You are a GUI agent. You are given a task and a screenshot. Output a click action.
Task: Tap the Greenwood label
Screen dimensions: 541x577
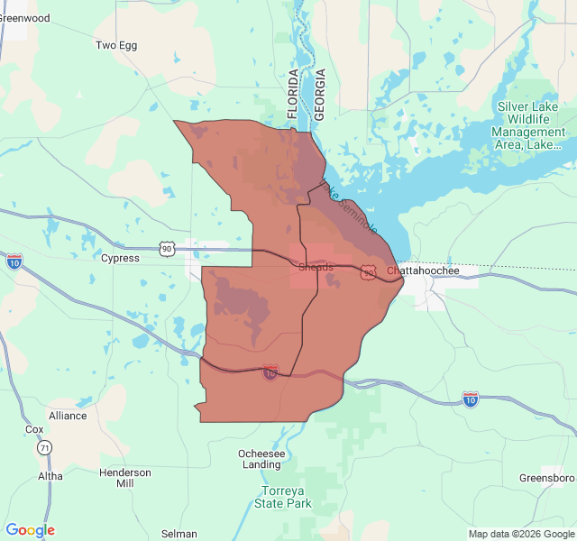tap(24, 18)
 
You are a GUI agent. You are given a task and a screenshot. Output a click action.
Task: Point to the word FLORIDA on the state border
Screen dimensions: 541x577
tap(292, 94)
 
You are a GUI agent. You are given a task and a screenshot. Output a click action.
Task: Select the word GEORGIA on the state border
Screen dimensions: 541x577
tap(318, 94)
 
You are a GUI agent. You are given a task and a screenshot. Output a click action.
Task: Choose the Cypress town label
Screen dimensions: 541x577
tap(120, 258)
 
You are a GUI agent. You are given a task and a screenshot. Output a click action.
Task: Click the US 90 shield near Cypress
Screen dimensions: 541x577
tap(166, 247)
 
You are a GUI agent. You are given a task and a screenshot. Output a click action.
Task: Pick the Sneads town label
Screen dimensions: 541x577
tap(316, 268)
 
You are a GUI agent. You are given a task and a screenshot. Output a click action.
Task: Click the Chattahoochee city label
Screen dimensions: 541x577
tap(423, 270)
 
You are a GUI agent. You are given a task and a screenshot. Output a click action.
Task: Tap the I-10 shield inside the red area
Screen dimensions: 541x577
tap(270, 372)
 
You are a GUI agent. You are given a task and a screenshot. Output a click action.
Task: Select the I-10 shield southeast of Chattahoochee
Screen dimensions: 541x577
tap(470, 398)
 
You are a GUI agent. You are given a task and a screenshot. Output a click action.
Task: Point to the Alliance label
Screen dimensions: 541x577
tap(68, 416)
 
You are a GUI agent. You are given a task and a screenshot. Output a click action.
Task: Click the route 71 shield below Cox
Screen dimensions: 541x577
tap(44, 447)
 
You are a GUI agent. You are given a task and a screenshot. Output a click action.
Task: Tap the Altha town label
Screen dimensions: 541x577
tap(50, 475)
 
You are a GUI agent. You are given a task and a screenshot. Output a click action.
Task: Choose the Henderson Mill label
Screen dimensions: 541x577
tap(125, 478)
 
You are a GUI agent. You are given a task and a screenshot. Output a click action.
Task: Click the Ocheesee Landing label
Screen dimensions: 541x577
tap(261, 459)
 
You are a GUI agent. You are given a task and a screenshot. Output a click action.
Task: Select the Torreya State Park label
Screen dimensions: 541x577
tap(286, 497)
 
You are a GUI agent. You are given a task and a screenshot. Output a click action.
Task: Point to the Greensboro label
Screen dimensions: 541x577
tap(547, 477)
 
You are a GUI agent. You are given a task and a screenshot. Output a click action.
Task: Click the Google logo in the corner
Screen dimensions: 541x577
tap(30, 530)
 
